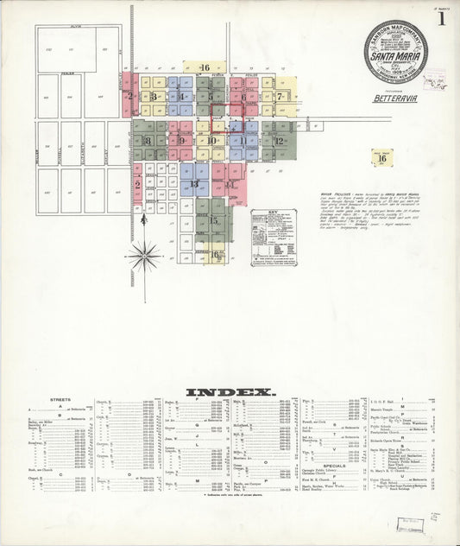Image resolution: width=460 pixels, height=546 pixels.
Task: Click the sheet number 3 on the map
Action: click(153, 97)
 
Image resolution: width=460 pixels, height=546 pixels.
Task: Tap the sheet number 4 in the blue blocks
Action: click(182, 97)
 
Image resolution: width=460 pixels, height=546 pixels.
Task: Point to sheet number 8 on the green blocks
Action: click(148, 141)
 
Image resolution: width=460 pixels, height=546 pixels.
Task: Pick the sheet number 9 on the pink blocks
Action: click(181, 141)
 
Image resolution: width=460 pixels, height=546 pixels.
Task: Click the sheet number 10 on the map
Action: click(211, 141)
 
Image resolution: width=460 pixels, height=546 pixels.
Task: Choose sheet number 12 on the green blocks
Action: click(279, 141)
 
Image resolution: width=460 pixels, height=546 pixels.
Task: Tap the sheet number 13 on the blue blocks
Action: click(195, 184)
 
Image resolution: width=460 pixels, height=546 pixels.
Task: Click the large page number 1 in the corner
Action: click(441, 19)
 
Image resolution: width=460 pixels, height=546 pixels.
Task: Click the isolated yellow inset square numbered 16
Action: click(381, 158)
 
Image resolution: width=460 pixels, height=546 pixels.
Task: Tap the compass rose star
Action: click(144, 256)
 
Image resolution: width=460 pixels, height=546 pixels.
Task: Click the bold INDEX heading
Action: click(230, 391)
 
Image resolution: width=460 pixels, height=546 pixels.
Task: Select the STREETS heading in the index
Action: click(60, 400)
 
